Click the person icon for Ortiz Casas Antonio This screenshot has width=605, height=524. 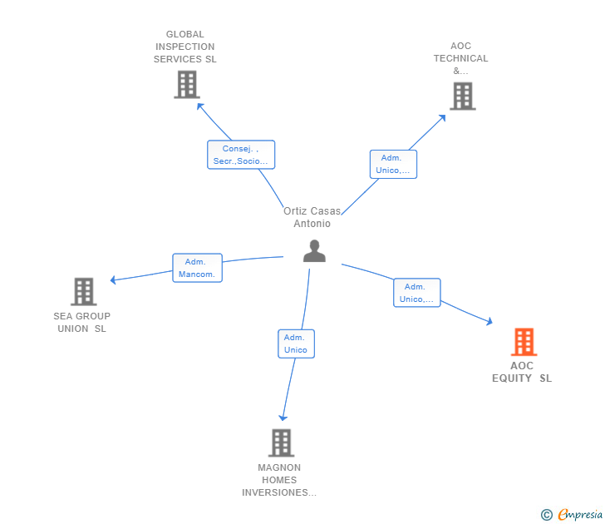[x=314, y=250]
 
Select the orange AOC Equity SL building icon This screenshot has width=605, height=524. [x=523, y=342]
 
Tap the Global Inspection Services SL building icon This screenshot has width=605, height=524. [x=187, y=84]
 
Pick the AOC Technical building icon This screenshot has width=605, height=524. [x=462, y=96]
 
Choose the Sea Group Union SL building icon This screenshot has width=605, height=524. [x=83, y=292]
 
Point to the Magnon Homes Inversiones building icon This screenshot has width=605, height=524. [x=281, y=442]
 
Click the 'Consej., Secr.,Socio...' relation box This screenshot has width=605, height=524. [x=240, y=155]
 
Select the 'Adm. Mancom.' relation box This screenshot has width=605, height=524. [x=197, y=268]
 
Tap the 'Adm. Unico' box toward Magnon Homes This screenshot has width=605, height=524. [x=295, y=344]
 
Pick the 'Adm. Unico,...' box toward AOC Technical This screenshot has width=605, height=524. [x=392, y=164]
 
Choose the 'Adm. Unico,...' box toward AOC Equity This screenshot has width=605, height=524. [x=416, y=293]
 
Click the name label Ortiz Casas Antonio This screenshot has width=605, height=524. [x=312, y=217]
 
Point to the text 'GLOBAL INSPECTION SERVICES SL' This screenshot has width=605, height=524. [x=184, y=47]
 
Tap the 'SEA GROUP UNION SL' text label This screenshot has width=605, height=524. [x=81, y=322]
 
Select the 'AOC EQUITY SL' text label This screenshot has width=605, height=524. [x=522, y=372]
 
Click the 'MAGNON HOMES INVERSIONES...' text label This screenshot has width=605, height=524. [x=279, y=480]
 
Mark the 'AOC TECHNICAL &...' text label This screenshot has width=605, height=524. [x=461, y=58]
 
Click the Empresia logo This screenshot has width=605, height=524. [x=574, y=515]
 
